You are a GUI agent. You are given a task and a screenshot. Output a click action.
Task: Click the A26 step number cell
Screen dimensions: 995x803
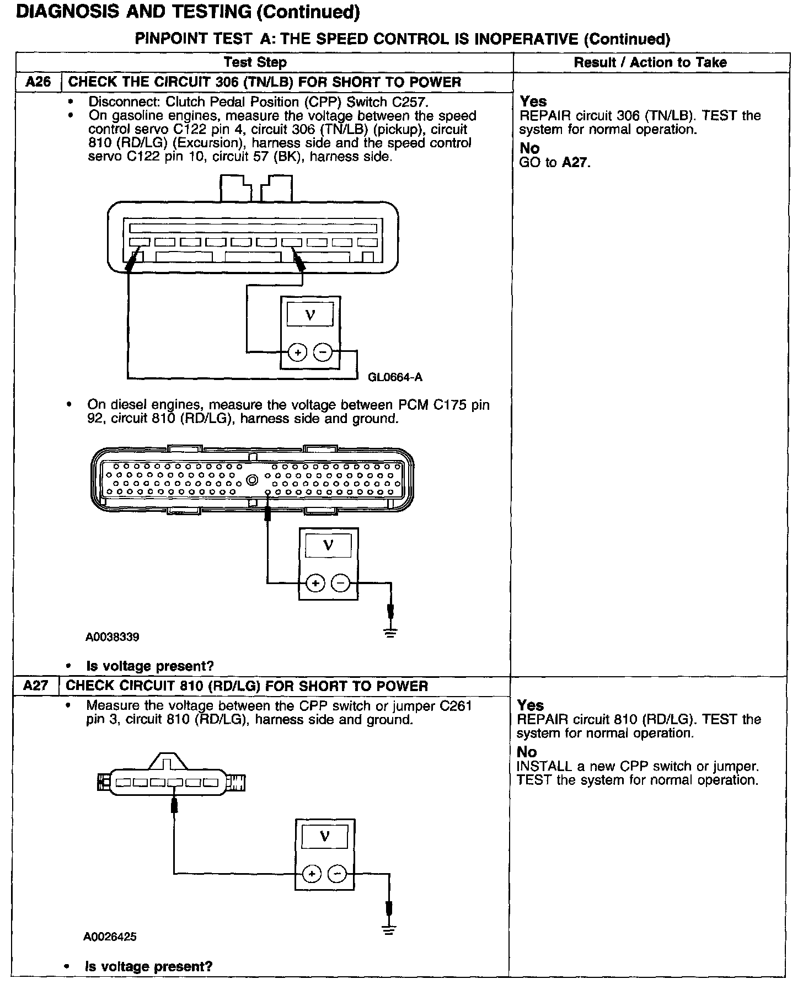[x=38, y=82]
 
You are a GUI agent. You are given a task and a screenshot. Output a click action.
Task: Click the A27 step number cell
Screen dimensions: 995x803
[x=37, y=686]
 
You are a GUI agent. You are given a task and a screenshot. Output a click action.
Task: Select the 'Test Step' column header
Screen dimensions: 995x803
[x=255, y=62]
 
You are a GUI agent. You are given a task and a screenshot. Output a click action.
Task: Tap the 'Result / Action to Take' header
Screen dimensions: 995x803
[x=650, y=62]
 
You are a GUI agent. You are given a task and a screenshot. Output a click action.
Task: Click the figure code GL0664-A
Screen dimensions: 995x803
[x=395, y=377]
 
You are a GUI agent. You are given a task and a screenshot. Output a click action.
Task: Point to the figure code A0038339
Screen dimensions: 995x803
[x=112, y=637]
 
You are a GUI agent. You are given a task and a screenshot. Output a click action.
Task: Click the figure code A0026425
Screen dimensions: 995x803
[x=110, y=937]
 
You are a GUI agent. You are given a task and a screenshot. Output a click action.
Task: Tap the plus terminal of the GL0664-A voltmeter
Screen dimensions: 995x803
[x=297, y=352]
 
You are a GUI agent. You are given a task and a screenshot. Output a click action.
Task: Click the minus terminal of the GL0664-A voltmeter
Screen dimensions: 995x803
[x=323, y=352]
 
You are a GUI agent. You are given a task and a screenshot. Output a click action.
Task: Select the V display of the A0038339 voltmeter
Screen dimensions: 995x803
[x=328, y=546]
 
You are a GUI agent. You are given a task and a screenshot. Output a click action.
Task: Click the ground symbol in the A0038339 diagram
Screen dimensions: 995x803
[x=391, y=633]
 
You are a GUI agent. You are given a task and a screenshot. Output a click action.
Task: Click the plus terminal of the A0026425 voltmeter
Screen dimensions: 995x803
[x=312, y=873]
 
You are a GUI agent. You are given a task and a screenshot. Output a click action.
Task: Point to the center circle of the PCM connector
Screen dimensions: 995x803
[x=252, y=480]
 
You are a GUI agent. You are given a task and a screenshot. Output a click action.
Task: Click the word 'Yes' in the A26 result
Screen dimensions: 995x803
[x=533, y=101]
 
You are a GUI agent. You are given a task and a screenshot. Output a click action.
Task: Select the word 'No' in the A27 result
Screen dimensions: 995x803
[x=526, y=752]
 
